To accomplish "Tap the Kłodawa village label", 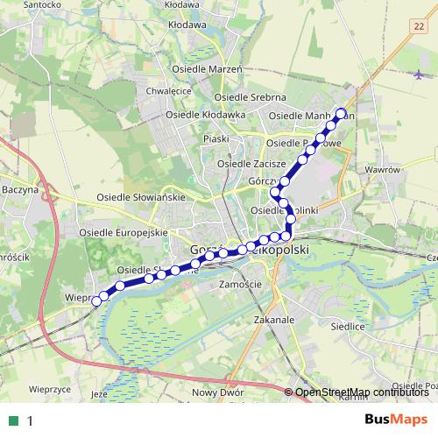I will pos(184,26).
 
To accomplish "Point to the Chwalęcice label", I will pos(170,89).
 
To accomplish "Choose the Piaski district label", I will pos(215,138).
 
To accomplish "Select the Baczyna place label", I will pos(20,188).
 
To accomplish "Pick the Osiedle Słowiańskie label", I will pos(141,197).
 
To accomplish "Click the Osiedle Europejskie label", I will pos(123,233).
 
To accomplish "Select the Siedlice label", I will pos(348,325).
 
